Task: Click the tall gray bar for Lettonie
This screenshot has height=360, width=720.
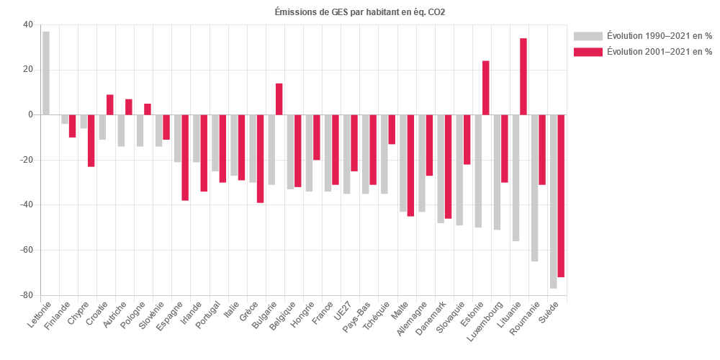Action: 46,73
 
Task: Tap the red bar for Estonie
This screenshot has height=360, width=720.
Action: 486,87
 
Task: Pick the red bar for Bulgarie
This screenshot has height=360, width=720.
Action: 279,99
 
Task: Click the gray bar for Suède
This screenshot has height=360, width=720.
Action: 554,201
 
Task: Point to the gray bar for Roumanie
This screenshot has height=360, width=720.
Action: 534,188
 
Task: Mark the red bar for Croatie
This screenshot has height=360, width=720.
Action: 110,104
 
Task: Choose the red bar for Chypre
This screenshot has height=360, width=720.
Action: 91,140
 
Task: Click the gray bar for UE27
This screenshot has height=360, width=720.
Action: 346,154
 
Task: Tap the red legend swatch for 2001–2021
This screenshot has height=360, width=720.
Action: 588,52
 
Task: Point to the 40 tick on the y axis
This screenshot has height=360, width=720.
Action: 27,24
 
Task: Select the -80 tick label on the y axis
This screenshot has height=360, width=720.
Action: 25,295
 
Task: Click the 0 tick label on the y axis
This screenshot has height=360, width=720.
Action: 30,114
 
